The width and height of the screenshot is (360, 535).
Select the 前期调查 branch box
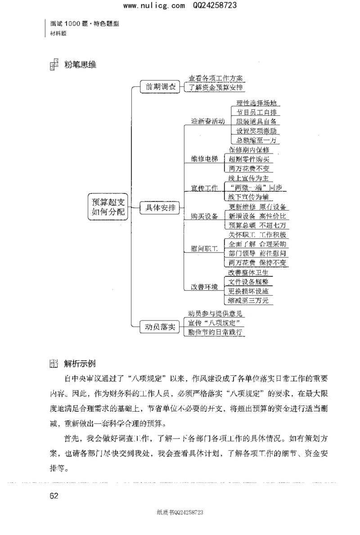pos(160,87)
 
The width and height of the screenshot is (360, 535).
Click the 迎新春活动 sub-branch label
pos(207,121)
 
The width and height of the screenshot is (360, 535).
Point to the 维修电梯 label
pos(204,159)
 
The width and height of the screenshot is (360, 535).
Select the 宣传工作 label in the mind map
pos(204,188)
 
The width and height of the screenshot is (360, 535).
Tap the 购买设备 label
pos(204,216)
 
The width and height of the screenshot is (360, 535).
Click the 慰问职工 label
pos(204,248)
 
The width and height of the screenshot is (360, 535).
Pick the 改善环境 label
pos(204,286)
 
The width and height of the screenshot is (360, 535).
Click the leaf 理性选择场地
pos(256,103)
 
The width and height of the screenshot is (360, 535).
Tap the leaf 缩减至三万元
pos(248,300)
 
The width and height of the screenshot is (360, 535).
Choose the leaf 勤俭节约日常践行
pos(216,333)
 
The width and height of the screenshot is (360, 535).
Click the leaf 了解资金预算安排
pos(216,88)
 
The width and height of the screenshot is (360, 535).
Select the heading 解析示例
pos(80,363)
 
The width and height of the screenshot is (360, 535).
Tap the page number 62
pos(54,496)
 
